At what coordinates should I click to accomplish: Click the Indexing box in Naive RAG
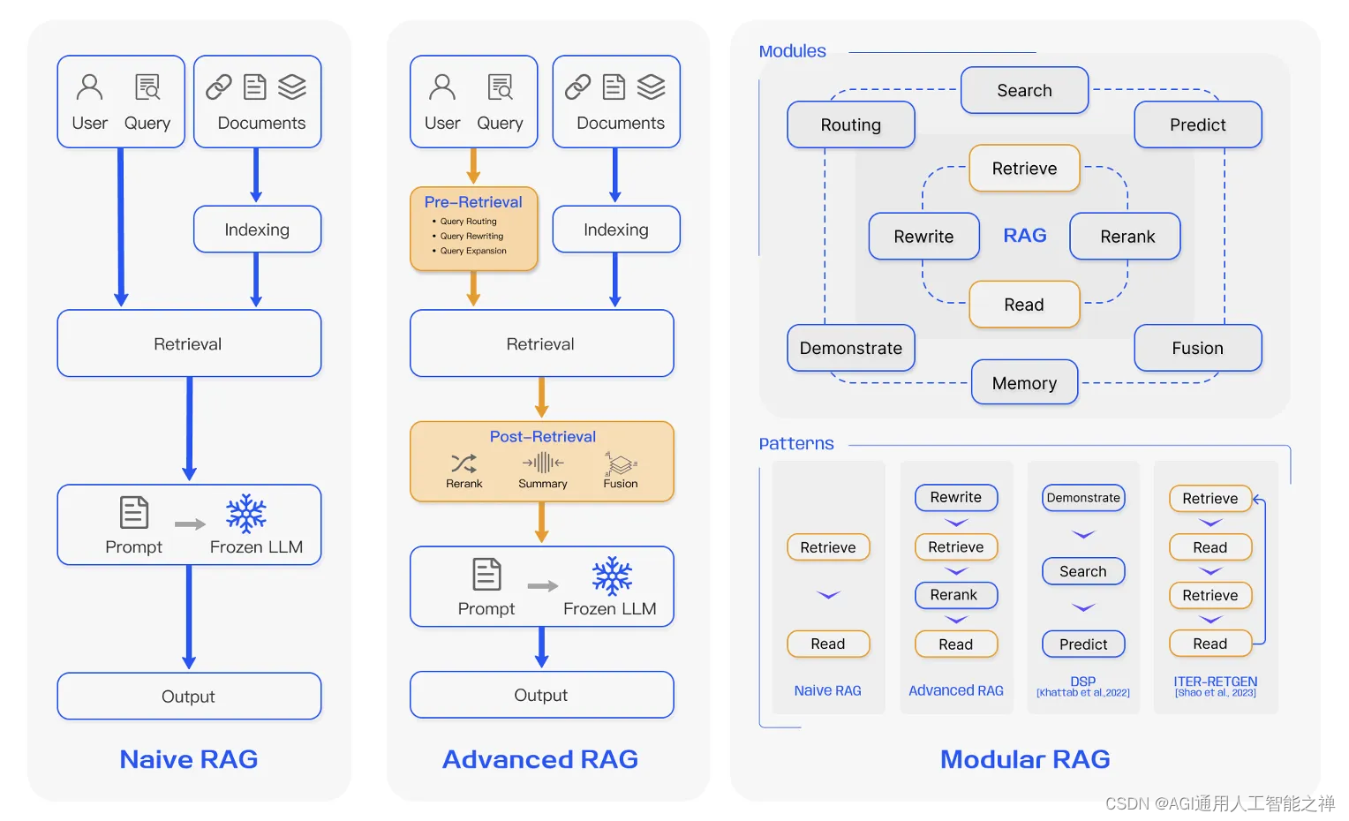click(x=257, y=230)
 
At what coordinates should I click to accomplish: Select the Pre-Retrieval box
click(x=473, y=228)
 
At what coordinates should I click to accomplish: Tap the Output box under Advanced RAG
click(x=541, y=695)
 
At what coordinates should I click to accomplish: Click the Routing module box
click(x=850, y=124)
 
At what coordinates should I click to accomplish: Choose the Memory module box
click(x=1024, y=382)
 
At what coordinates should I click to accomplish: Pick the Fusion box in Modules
click(x=1197, y=348)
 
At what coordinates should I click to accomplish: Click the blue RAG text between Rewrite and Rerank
click(x=1025, y=236)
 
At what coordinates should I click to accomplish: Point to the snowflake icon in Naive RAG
click(x=246, y=513)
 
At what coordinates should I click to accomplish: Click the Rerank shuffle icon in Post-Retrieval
click(x=463, y=463)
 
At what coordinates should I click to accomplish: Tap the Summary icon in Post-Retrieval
click(x=543, y=462)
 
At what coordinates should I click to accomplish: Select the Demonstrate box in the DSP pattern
click(x=1083, y=498)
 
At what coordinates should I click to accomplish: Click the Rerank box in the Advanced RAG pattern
click(x=955, y=595)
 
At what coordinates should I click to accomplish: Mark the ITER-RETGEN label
click(x=1215, y=682)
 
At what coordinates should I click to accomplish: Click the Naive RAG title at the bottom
click(x=189, y=759)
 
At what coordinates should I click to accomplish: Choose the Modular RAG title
click(x=1025, y=759)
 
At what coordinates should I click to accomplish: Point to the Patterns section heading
click(x=796, y=443)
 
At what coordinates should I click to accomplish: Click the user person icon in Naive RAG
click(x=90, y=87)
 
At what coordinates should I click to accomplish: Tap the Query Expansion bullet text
click(x=473, y=251)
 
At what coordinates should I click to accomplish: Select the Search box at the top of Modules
click(x=1024, y=90)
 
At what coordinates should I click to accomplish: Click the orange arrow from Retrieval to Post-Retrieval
click(x=542, y=398)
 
